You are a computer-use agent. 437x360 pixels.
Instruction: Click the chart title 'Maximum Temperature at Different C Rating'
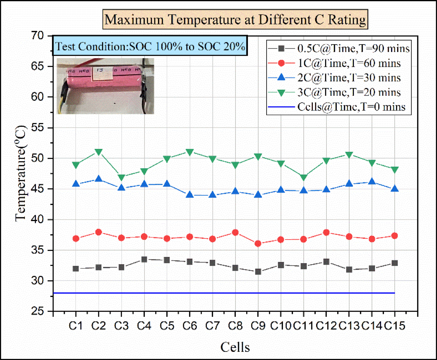point(235,20)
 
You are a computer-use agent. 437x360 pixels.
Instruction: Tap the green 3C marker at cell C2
point(99,152)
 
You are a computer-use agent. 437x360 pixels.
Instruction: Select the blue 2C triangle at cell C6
point(190,195)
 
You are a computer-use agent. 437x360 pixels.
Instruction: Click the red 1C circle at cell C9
point(258,244)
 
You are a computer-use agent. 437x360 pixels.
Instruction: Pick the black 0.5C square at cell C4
point(144,259)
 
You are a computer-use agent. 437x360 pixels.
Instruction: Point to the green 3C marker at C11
point(304,177)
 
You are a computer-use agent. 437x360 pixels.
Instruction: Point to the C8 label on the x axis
point(235,326)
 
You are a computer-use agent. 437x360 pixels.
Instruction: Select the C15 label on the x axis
point(395,326)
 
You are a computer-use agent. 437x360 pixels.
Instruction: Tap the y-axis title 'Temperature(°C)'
point(21,173)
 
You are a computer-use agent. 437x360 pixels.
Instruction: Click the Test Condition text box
point(150,46)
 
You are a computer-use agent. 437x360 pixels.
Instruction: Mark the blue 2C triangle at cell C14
point(372,182)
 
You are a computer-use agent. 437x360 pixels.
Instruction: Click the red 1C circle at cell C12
point(326,232)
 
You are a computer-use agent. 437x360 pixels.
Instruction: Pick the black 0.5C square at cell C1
point(76,269)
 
